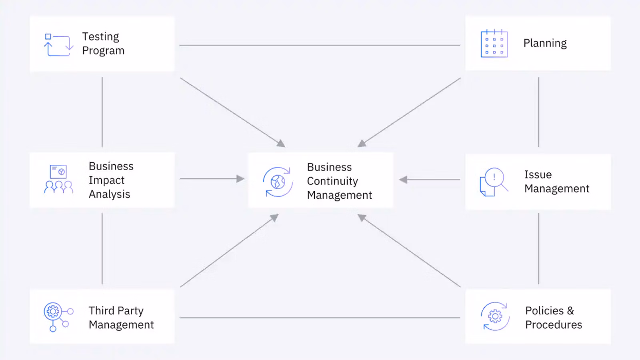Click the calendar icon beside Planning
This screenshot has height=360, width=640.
coord(494,44)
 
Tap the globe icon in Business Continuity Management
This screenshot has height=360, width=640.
coord(278,182)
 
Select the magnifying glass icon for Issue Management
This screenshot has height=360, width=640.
coord(494,182)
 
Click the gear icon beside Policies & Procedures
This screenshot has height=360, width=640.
coord(495,316)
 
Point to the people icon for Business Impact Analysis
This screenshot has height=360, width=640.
coord(58,180)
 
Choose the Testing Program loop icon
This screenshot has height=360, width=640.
coord(58,44)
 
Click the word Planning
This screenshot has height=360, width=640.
coord(545,43)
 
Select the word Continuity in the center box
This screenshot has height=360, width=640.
coord(332,181)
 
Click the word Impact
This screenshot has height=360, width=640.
coord(106,180)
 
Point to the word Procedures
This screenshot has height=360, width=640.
coord(553,325)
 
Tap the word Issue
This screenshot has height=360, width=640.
coord(538,175)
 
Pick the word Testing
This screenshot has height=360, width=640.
coord(100,37)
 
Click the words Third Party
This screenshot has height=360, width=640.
coord(116,311)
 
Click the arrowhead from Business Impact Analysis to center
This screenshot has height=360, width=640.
coord(240,179)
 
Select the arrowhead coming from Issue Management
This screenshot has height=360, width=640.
coord(403,180)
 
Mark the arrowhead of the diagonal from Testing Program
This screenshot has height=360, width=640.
coord(281,144)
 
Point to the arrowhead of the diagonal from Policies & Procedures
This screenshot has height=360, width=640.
coord(362,218)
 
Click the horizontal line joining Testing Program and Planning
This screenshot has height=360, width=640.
coord(320,45)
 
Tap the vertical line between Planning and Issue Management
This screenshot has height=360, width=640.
coord(538,112)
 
